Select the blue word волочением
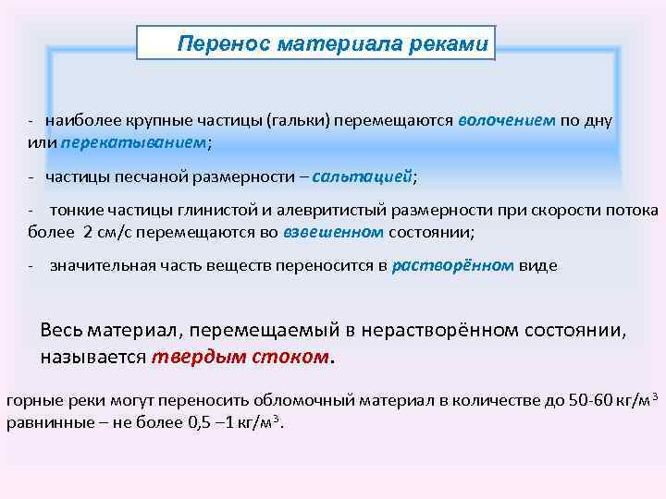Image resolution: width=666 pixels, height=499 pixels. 506,120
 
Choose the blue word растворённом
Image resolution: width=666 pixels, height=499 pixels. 453,265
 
